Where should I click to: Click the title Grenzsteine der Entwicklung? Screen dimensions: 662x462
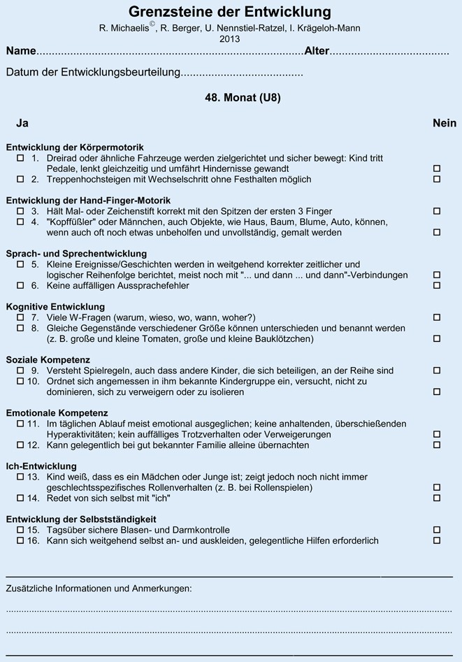click(230, 12)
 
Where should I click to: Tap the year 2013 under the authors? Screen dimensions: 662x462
click(230, 39)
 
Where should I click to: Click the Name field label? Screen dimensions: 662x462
click(21, 52)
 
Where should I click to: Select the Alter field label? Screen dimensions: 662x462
click(317, 52)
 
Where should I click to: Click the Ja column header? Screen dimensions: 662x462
click(22, 124)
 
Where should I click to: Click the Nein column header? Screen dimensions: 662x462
click(445, 124)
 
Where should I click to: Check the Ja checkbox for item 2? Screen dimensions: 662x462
click(20, 180)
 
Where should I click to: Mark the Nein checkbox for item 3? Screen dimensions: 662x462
click(437, 211)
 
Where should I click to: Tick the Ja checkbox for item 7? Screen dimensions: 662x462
click(20, 317)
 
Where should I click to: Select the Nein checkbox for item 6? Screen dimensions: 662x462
click(437, 286)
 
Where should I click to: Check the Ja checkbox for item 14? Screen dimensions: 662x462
click(20, 498)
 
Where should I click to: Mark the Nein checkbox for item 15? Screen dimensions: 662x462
click(437, 530)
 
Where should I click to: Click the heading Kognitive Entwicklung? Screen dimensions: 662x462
click(55, 306)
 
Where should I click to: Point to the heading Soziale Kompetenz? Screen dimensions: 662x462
click(48, 359)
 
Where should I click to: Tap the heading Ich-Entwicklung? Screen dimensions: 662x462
click(41, 466)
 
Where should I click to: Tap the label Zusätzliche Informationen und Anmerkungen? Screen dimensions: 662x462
click(99, 589)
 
